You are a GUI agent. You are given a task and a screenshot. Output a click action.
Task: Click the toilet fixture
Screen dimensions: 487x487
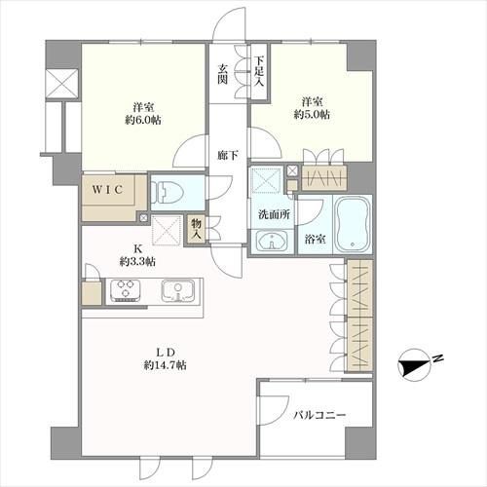(x=168, y=192)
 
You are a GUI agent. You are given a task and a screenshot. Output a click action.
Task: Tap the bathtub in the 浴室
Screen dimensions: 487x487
(x=353, y=224)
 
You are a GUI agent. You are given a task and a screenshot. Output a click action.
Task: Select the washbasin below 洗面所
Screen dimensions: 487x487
(x=272, y=241)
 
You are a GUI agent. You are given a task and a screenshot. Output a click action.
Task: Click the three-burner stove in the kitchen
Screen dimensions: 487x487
(x=126, y=288)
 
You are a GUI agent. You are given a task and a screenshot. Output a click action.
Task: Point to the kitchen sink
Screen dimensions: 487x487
(x=177, y=289)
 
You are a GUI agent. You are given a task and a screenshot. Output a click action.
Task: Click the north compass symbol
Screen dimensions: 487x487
(x=414, y=364)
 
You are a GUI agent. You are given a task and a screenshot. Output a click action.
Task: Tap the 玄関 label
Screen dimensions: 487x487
(x=222, y=74)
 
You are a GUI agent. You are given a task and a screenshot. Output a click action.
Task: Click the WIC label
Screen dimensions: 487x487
(x=108, y=190)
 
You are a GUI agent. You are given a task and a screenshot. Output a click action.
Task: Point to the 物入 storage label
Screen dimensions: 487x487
(x=197, y=229)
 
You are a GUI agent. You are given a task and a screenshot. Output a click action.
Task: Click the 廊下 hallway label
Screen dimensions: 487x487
(x=228, y=156)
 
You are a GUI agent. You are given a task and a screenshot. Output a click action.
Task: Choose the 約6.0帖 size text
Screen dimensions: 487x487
(x=143, y=120)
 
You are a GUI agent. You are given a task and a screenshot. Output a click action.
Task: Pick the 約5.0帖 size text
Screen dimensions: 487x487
(x=312, y=115)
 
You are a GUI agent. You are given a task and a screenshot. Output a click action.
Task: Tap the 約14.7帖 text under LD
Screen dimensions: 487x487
(x=165, y=365)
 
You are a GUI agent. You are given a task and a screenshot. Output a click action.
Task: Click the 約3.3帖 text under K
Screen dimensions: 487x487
(x=137, y=261)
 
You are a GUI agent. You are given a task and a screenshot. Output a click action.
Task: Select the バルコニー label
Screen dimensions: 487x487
(x=319, y=415)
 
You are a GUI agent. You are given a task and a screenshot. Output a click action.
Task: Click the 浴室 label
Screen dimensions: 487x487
(x=316, y=240)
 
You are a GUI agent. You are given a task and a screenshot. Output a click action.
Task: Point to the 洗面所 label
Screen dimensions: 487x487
(x=274, y=214)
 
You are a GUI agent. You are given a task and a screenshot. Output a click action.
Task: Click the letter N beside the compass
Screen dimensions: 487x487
(x=438, y=359)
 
